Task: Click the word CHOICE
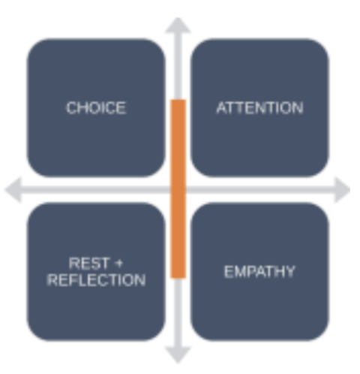tap(96, 108)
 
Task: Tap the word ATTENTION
tap(259, 108)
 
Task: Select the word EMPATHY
tap(259, 272)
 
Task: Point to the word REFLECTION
tap(96, 280)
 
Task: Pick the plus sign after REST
tap(119, 264)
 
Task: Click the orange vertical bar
tap(178, 189)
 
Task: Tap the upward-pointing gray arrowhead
tap(178, 26)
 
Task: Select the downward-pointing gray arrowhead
tap(178, 355)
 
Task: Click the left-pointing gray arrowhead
tap(13, 190)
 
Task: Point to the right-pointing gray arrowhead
tap(342, 190)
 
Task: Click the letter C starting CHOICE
tap(71, 108)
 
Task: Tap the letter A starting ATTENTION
tap(222, 108)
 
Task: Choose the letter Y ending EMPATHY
tap(289, 272)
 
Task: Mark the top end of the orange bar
tap(178, 100)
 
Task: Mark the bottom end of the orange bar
tap(178, 278)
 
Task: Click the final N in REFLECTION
tap(140, 280)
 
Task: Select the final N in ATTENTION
tap(298, 108)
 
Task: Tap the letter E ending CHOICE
tap(121, 108)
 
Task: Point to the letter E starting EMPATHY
tap(229, 272)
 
